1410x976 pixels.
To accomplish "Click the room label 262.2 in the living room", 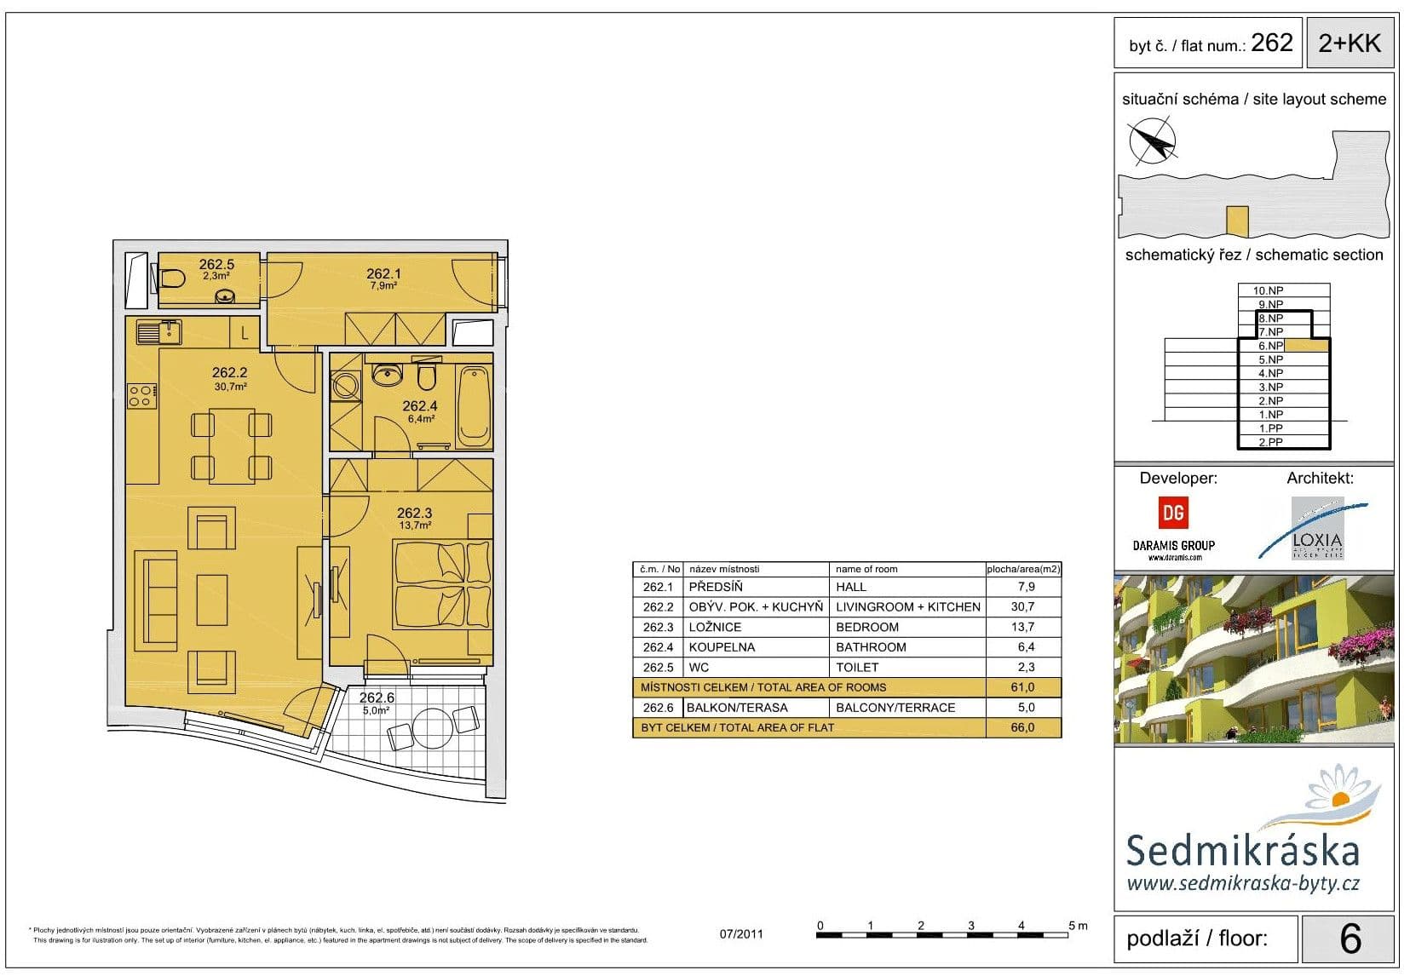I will pos(229,373).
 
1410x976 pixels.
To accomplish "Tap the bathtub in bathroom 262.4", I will pos(474,407).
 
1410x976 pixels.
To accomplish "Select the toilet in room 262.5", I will pos(172,278).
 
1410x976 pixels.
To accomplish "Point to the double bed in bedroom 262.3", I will pos(442,586).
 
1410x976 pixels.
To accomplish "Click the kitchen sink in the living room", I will pos(158,331).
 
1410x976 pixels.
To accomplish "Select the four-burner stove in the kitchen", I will pos(141,396).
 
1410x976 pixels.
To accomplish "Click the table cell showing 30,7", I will pos(1022,607).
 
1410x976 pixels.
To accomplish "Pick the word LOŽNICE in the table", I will pos(715,628).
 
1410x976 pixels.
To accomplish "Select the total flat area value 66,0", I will pos(1022,728).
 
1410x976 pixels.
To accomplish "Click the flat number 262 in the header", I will pos(1271,43).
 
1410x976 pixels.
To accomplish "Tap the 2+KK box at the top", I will pos(1350,43).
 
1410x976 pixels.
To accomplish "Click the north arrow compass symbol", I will pos(1152,141).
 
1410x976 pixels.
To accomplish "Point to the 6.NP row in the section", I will pos(1270,346).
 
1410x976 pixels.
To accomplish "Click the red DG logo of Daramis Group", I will pos(1173,513).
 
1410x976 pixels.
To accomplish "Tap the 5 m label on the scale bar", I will pos(1078,926).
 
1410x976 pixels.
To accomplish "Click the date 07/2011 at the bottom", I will pos(741,934).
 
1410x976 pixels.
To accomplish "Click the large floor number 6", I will pos(1350,939).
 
